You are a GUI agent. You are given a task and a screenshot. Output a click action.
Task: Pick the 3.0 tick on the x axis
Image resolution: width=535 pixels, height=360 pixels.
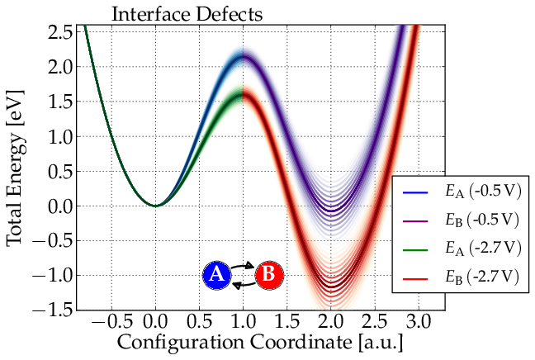(419, 320)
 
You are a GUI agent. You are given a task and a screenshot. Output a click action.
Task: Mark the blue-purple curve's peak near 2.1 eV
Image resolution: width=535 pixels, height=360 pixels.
(243, 56)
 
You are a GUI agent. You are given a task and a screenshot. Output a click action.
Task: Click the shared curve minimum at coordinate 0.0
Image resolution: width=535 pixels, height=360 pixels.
(155, 206)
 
